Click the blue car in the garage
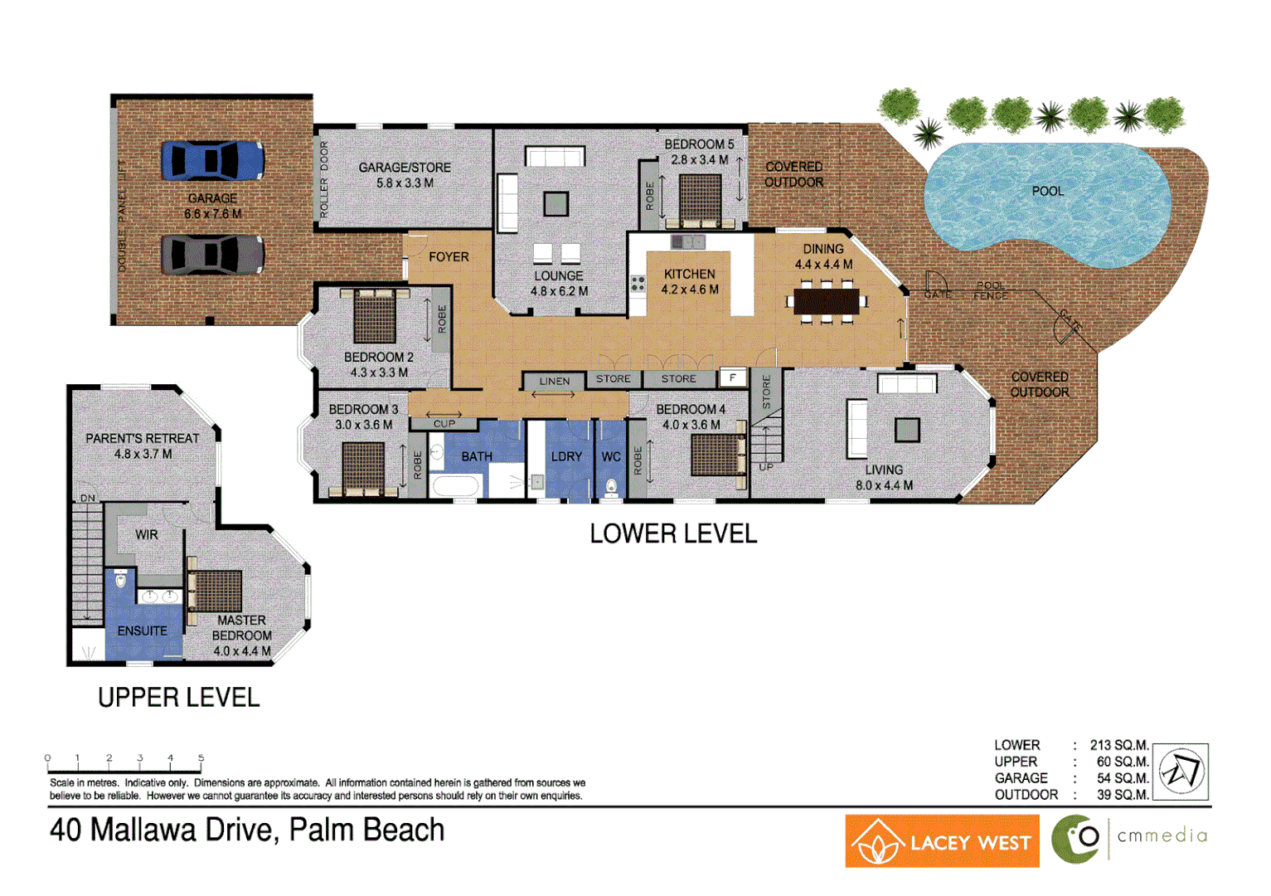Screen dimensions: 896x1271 coord(212,160)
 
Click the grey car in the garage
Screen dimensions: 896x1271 coord(212,254)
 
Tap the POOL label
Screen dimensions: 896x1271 coord(1047,191)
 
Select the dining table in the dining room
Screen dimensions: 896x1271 coord(826,300)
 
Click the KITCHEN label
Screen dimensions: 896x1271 coord(689,274)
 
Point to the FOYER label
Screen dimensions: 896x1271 coord(449,257)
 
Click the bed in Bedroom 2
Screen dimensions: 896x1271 coord(375,315)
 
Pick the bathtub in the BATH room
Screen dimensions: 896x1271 coord(455,486)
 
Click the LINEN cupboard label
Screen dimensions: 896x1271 coord(555,382)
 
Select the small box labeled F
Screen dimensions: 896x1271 coord(732,378)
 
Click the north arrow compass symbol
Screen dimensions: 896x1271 coord(1181,772)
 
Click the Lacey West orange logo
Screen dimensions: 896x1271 coord(942,841)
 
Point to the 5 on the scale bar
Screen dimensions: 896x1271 coord(201,758)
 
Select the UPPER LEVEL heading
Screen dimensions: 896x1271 coord(178,698)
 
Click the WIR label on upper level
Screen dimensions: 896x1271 coord(147,535)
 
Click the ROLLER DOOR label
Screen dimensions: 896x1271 coord(324,180)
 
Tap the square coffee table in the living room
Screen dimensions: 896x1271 coord(908,430)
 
